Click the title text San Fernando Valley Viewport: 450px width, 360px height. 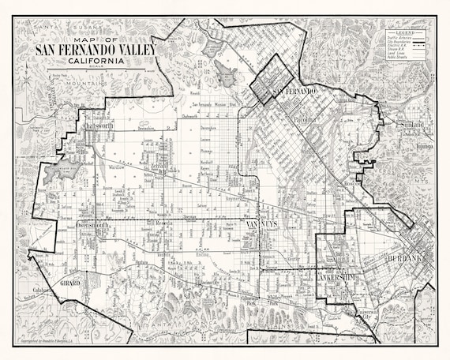96,51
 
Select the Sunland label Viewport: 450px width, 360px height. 410,125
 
